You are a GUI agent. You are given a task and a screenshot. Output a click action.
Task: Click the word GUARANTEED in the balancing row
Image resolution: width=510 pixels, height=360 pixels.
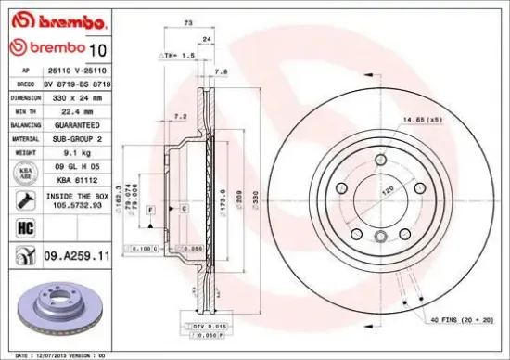click(x=71, y=123)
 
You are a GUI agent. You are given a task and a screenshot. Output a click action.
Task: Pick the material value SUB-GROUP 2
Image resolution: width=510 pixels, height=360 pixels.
click(x=71, y=136)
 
